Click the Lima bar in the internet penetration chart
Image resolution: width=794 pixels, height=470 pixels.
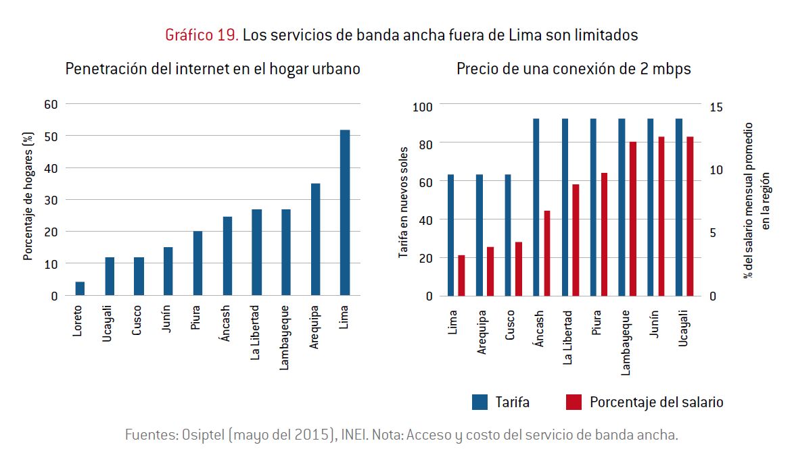tap(345, 213)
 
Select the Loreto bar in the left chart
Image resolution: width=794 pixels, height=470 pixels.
tap(80, 289)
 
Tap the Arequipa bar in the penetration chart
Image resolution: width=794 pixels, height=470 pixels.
tap(315, 240)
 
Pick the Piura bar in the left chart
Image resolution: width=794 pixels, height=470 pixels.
tap(197, 263)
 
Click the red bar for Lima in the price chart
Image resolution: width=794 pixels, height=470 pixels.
tap(461, 276)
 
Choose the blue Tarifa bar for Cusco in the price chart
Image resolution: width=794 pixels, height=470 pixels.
tap(508, 235)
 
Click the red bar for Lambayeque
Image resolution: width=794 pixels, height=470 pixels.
tap(632, 219)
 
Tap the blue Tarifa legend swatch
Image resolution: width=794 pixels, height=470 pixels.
tap(480, 402)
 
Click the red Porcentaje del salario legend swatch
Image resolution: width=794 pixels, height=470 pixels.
tap(573, 402)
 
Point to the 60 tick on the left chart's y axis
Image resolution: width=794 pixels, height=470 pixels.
tap(51, 104)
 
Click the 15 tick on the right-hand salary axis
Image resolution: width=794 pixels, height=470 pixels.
tap(716, 107)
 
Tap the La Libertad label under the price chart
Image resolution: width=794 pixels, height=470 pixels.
tap(568, 337)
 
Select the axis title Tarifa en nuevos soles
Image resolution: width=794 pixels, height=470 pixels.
tap(403, 202)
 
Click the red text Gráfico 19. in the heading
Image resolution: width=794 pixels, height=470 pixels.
tap(202, 35)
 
